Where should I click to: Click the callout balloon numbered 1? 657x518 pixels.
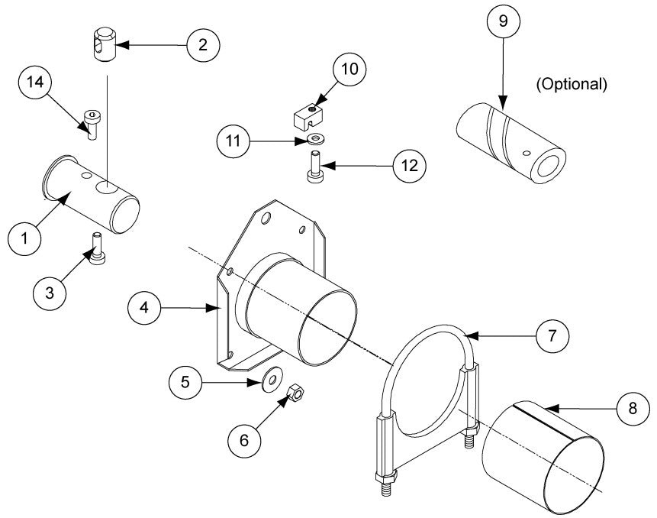(x=24, y=238)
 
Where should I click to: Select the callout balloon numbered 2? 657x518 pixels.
(x=202, y=45)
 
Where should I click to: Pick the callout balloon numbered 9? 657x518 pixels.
(x=503, y=21)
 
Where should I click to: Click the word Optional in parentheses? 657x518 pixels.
(x=572, y=85)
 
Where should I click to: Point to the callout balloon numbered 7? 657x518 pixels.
(x=552, y=335)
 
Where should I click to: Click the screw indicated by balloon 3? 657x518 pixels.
(x=97, y=248)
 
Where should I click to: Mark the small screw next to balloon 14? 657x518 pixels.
(x=92, y=122)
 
